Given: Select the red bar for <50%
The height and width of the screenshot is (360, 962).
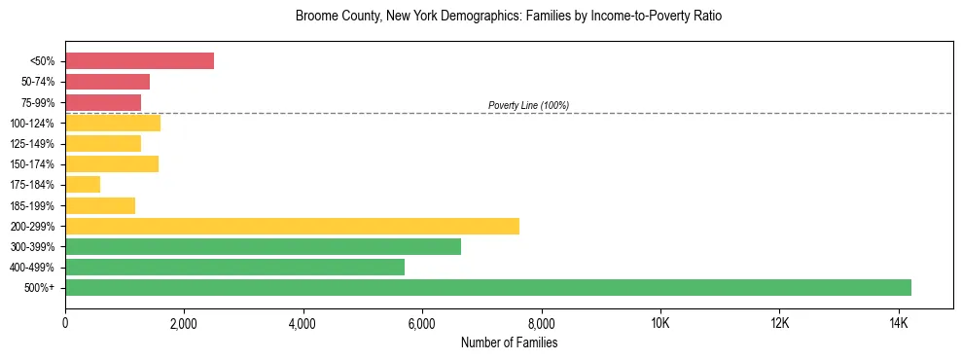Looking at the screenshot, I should click(x=139, y=60).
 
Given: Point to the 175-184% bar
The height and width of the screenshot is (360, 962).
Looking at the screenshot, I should click(x=83, y=184).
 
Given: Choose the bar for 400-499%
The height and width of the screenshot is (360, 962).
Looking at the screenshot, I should click(x=234, y=267).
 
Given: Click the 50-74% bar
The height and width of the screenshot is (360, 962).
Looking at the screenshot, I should click(x=107, y=82).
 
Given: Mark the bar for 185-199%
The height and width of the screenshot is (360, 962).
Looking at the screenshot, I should click(x=100, y=205).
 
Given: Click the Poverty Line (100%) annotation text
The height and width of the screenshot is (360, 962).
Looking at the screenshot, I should click(x=528, y=105).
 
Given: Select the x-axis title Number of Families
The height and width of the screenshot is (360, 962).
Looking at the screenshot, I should click(x=509, y=342).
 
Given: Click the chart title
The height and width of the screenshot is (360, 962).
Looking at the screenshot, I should click(x=509, y=17).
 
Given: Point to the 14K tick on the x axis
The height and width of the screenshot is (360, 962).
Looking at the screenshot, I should click(x=898, y=323).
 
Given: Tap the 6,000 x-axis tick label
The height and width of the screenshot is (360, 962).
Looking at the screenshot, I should click(x=422, y=323).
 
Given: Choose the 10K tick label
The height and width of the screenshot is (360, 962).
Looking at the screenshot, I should click(x=660, y=323).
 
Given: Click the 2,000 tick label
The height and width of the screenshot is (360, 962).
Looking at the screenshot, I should click(x=184, y=323).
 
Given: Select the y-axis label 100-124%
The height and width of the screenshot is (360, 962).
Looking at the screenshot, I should click(x=33, y=123).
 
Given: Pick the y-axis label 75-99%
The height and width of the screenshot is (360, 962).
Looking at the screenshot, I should click(x=37, y=102).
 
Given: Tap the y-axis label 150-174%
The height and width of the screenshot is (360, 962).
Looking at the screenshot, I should click(x=33, y=163).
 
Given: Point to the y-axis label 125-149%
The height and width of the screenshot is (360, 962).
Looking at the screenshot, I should click(x=33, y=143).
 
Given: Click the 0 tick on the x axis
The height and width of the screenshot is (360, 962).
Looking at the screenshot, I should click(x=65, y=323).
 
